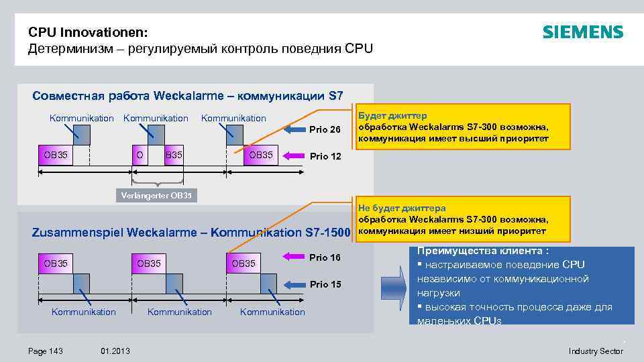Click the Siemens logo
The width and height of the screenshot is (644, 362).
[x=582, y=32]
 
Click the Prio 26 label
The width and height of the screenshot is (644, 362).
[x=325, y=129]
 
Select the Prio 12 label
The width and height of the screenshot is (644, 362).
[x=325, y=156]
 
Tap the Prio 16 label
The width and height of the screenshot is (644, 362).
[x=325, y=257]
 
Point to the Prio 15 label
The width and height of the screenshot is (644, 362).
[x=325, y=284]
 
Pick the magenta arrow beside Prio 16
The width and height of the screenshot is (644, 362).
[x=292, y=257]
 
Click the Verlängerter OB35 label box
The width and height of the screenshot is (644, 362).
[x=156, y=196]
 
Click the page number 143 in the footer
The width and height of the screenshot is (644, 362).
[x=46, y=351]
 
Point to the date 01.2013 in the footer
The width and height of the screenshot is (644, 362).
[x=115, y=351]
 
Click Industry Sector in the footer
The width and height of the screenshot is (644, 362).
[x=596, y=351]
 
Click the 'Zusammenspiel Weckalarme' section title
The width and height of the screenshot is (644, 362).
[x=191, y=233]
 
